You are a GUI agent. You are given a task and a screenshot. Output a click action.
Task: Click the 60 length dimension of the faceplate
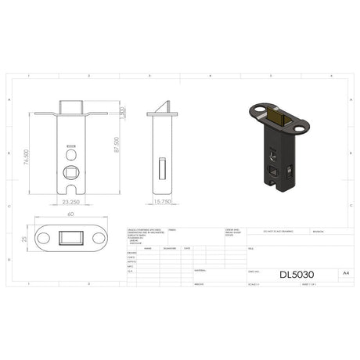point(70,214)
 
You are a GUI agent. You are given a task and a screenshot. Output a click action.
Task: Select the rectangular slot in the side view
point(162,167)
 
